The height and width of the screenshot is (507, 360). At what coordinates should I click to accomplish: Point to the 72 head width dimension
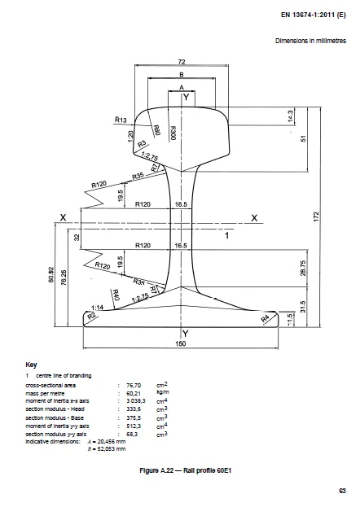pyautogui.click(x=182, y=61)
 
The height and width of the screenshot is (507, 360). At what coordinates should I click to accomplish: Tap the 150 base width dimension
pyautogui.click(x=181, y=343)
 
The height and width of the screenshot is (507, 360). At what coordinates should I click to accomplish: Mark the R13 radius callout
pyautogui.click(x=121, y=120)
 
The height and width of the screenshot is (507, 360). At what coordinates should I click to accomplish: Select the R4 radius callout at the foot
pyautogui.click(x=265, y=319)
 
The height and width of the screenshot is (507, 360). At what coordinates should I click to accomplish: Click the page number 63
pyautogui.click(x=342, y=489)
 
